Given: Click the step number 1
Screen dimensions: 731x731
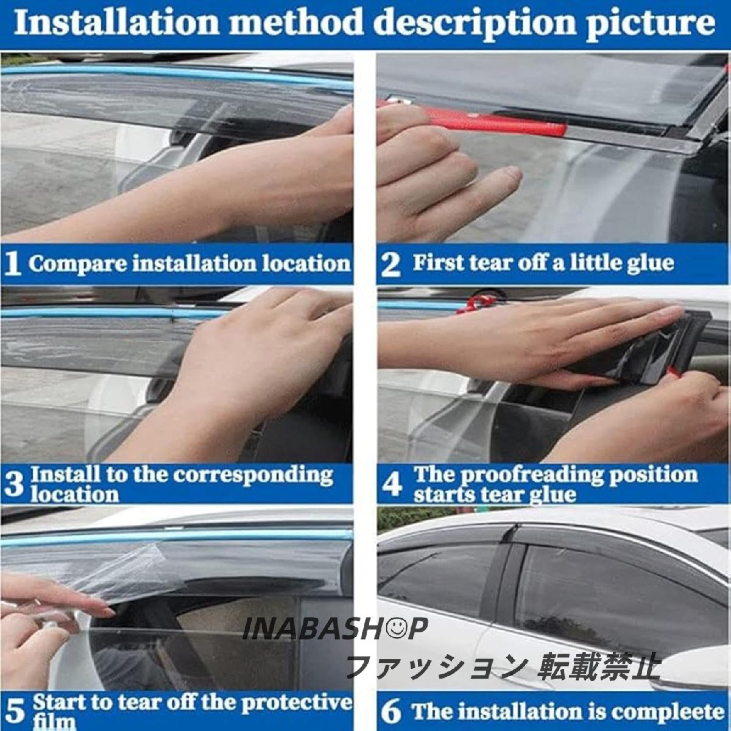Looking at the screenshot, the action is click(13, 263).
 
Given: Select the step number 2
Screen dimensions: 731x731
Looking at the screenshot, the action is click(390, 264).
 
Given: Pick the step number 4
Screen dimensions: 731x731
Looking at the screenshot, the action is click(392, 484).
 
